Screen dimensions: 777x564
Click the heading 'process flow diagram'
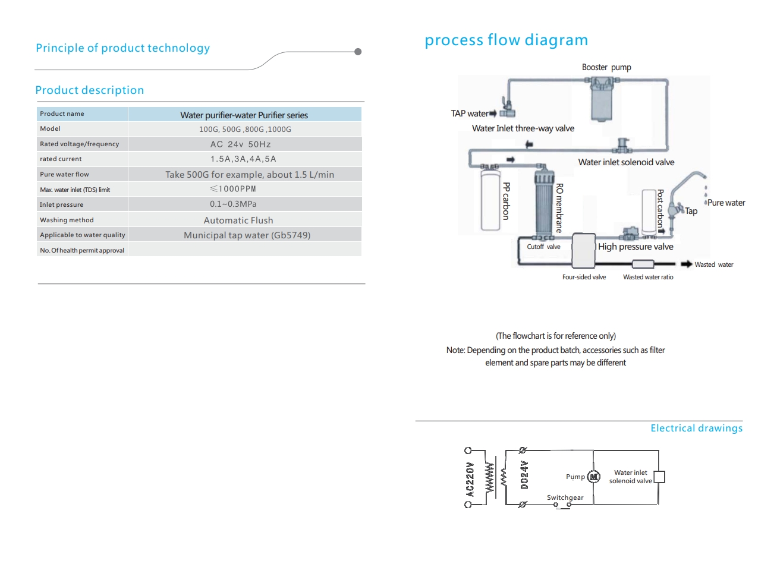click(506, 40)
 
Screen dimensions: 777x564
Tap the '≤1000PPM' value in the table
click(233, 189)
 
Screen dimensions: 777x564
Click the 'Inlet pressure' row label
click(61, 204)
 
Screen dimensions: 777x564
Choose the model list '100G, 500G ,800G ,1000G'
click(245, 130)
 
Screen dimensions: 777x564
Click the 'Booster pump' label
click(606, 67)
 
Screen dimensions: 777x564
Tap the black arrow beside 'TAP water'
click(493, 113)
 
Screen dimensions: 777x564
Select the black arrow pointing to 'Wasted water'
click(687, 264)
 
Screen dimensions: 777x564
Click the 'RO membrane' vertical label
click(559, 208)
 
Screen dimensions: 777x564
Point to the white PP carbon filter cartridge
click(490, 200)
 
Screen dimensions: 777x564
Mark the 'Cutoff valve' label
click(543, 247)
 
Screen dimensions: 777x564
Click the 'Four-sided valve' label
click(584, 277)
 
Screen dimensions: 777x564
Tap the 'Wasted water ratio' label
click(648, 277)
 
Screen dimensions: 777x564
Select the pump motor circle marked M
click(593, 477)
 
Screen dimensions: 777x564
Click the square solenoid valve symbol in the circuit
click(659, 477)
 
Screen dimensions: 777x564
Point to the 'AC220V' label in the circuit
click(469, 480)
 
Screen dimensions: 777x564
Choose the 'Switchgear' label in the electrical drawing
click(565, 497)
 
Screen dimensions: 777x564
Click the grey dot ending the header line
click(358, 52)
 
